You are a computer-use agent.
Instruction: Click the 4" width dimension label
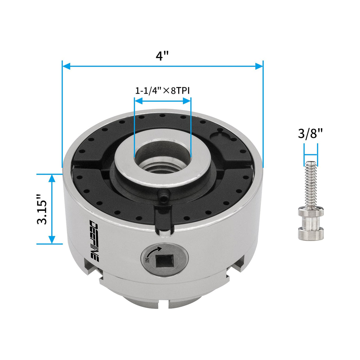coord(162,55)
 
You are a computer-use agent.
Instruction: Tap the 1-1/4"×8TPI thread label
coord(162,90)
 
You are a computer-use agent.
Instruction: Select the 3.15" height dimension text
coord(42,209)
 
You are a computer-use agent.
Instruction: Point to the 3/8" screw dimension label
coord(310,133)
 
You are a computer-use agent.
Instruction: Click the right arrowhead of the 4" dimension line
coord(259,66)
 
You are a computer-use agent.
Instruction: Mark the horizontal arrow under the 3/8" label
coord(310,154)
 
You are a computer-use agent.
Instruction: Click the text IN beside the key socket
coord(147,260)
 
